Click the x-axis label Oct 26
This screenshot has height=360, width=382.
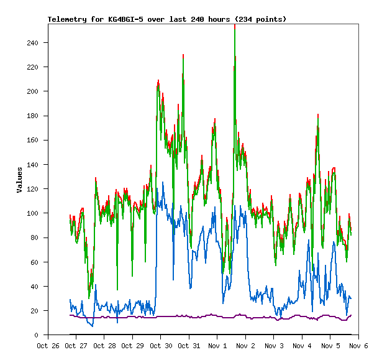coord(48,346)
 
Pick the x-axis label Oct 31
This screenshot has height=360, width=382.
coord(189,346)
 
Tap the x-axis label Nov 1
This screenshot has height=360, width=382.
coord(217,346)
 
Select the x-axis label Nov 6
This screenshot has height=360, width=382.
coord(358,346)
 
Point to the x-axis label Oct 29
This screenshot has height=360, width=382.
coord(132,346)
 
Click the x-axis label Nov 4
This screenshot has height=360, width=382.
coord(301,346)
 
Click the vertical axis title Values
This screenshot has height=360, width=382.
coord(20,180)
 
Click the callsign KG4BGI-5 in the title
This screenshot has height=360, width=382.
coord(127,19)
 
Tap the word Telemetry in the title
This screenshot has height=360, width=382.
coord(68,19)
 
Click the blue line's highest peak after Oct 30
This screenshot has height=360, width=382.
coord(163,183)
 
